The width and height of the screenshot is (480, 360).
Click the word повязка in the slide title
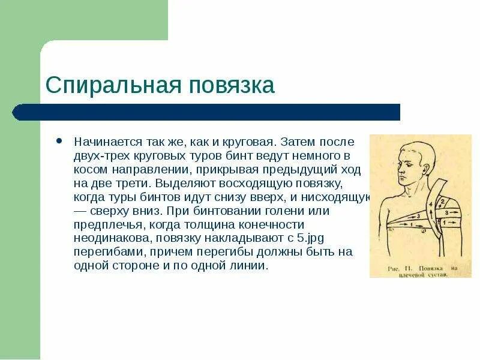[x=232, y=85]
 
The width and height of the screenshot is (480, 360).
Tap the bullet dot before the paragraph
[x=58, y=142]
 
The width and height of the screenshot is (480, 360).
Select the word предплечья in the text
[x=104, y=225]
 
